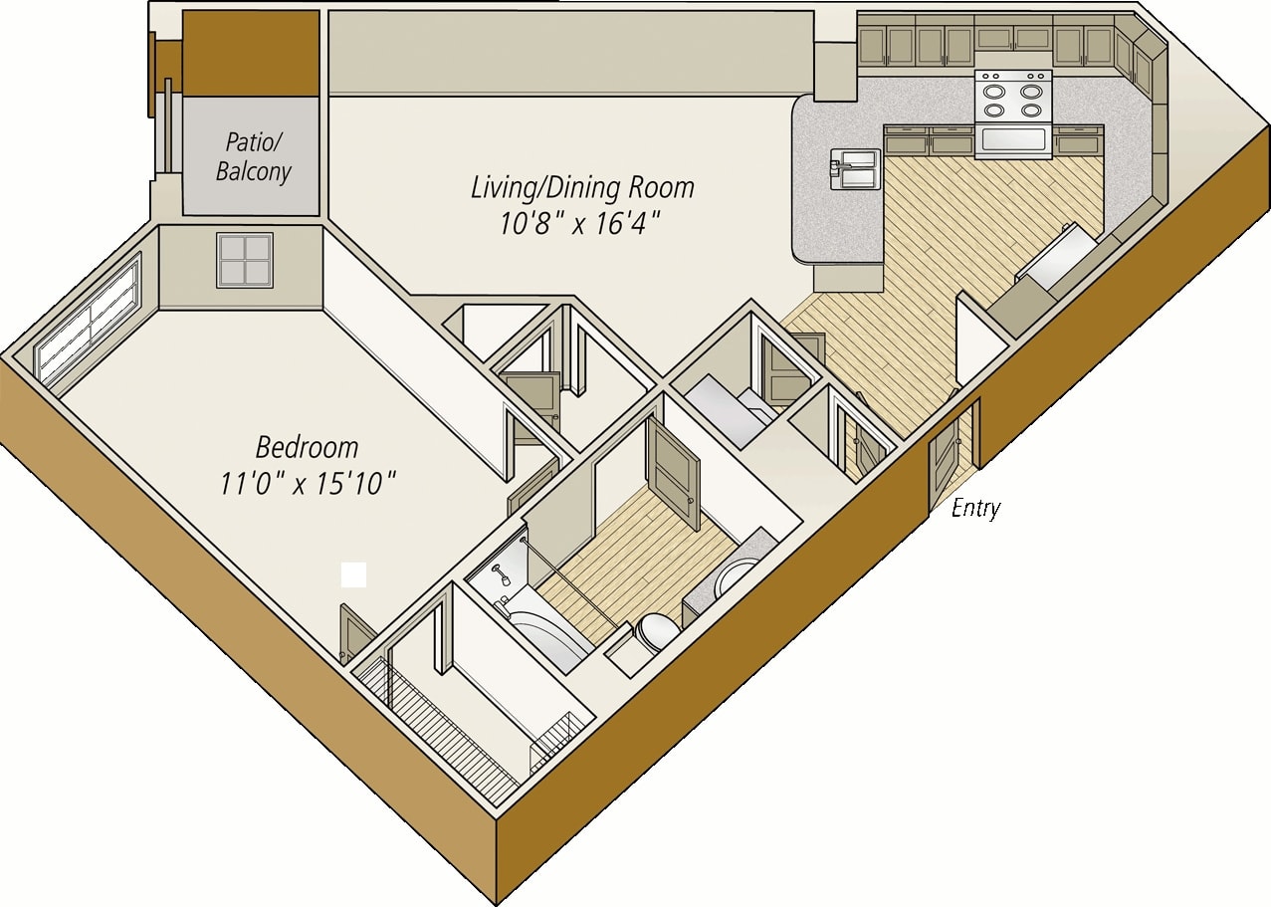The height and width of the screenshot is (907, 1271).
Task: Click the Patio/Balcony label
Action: coord(254,156)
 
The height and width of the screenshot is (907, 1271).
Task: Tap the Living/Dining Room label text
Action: coord(582,187)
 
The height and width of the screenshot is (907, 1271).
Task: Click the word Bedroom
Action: coord(307,446)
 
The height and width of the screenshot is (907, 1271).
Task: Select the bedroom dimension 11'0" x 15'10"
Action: coord(309,484)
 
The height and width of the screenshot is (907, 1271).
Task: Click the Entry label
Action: coord(975,508)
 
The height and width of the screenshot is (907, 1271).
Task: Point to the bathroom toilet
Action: coord(657,630)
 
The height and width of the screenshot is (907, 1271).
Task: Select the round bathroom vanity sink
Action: coord(738,577)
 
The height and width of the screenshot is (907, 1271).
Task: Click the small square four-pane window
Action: coord(245,260)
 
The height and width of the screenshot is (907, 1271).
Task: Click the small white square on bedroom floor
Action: coord(353,574)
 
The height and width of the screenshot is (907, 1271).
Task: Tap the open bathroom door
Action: coord(673,468)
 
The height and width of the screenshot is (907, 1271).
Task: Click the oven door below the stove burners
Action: coord(1013,139)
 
